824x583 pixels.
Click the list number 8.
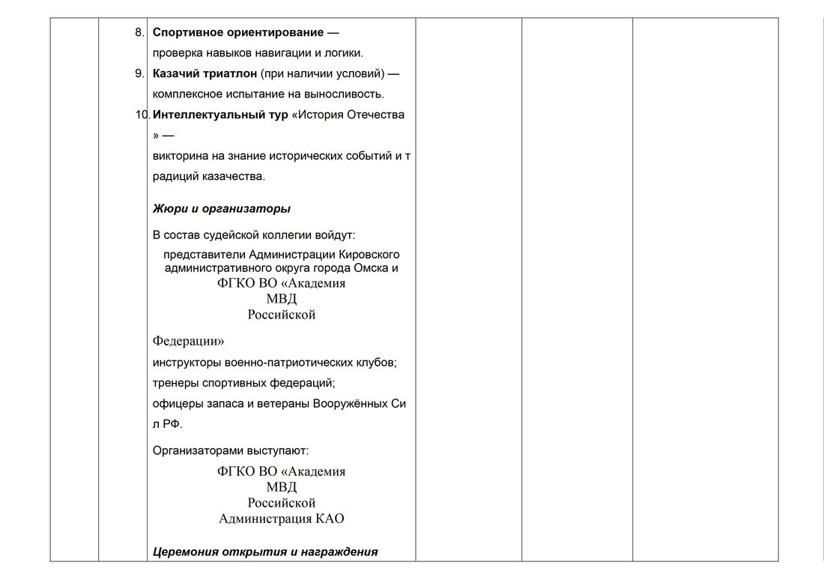(x=139, y=33)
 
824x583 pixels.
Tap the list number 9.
(x=139, y=73)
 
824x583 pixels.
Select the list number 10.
(x=142, y=115)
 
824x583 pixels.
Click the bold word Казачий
(x=175, y=73)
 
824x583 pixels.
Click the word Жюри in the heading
(x=166, y=208)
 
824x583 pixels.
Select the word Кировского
(x=366, y=255)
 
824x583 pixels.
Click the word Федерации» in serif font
(x=188, y=341)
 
